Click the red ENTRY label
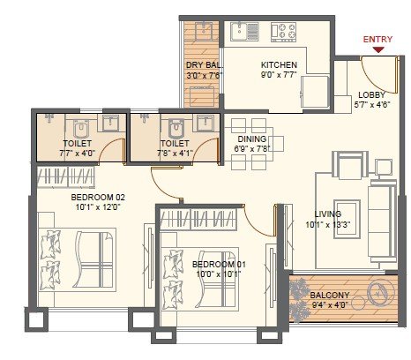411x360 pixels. point(377,38)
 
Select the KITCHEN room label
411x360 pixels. point(279,65)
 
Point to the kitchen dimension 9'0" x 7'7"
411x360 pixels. point(279,75)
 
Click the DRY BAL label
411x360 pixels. point(203,65)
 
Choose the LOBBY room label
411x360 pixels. point(371,95)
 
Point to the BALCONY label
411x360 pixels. point(331,296)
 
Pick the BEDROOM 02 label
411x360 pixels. point(98,198)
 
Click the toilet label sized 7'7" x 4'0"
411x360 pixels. point(78,142)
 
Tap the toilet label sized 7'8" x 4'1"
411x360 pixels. point(175,142)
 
